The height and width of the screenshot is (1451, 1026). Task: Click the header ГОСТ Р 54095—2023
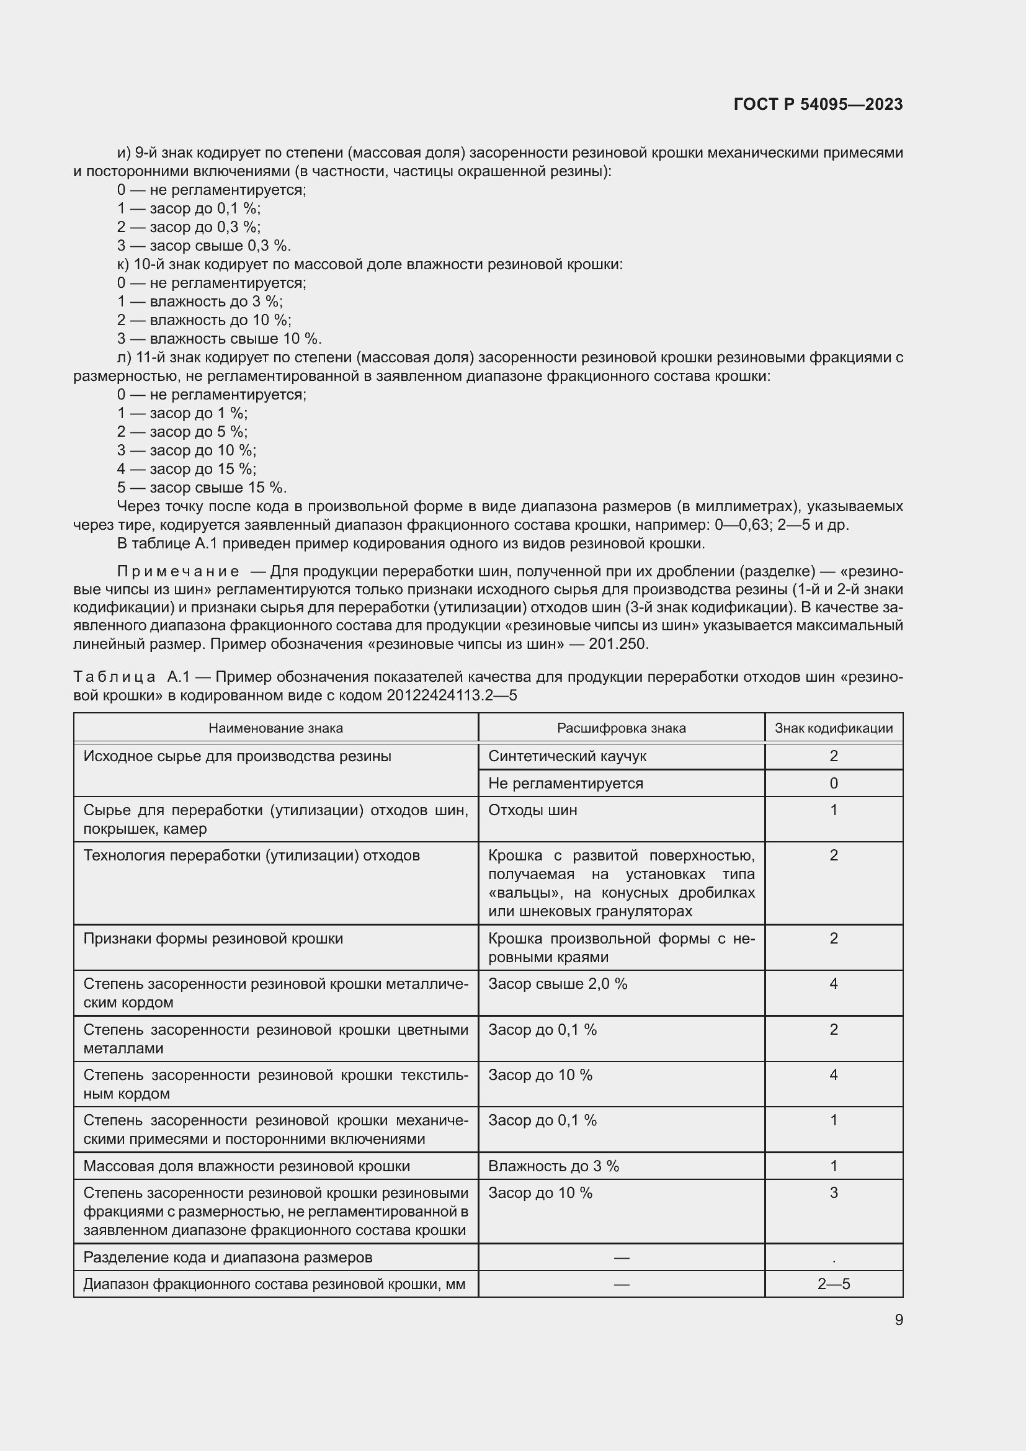818,104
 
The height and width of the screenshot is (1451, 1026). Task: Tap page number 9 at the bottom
898,1319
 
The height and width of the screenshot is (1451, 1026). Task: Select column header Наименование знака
275,728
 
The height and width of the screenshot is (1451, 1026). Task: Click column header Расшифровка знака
621,728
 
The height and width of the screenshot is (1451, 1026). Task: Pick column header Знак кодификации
833,728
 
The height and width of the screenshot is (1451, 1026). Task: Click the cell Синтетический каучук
567,756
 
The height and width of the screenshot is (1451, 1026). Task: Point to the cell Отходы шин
532,810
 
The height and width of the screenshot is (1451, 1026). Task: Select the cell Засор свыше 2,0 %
557,984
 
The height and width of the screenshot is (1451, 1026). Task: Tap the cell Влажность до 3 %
553,1166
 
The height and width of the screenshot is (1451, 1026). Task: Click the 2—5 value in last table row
833,1284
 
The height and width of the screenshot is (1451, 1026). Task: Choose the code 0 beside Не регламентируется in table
833,784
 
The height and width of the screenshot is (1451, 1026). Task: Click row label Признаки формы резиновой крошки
213,939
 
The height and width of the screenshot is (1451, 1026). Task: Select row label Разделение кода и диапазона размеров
228,1257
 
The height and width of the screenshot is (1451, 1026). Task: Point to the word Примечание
178,571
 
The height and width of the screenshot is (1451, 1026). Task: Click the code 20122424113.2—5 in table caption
451,695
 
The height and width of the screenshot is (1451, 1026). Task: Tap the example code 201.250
618,644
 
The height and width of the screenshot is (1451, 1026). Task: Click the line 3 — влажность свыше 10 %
219,339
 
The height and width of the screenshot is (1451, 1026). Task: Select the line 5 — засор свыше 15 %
202,488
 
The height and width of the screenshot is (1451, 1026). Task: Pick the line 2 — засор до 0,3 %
189,227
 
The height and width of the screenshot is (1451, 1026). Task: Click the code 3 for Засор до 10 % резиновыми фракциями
833,1192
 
